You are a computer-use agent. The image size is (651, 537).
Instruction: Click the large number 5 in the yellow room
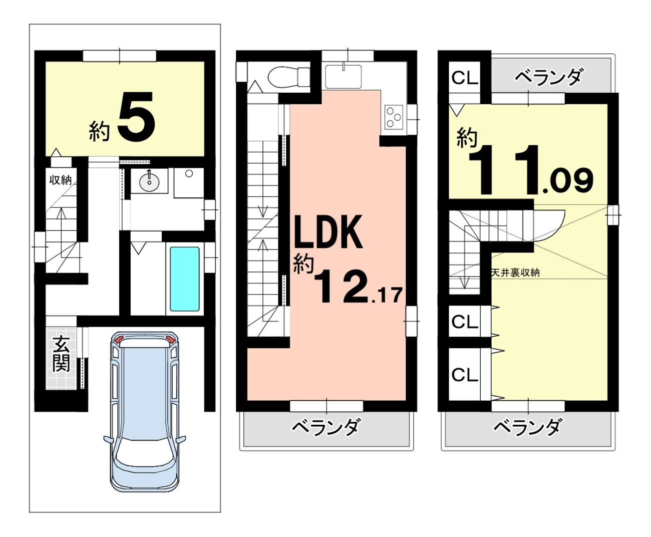(136, 116)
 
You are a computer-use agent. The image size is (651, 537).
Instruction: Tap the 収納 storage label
(60, 180)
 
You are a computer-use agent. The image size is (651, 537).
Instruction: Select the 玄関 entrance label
(61, 354)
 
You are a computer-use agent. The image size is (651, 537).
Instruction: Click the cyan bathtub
(185, 279)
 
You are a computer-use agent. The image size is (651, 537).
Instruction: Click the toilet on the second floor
(288, 77)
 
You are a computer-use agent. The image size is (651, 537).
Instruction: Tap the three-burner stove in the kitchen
(394, 117)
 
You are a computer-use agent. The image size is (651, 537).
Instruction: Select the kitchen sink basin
(343, 77)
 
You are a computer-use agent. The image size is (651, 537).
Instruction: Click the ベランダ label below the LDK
(327, 427)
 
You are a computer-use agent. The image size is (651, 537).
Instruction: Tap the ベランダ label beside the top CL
(548, 77)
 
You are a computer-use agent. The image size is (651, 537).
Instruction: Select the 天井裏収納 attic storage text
(515, 273)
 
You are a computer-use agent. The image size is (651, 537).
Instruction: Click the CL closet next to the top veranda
(465, 78)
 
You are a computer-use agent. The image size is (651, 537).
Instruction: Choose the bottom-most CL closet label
(465, 375)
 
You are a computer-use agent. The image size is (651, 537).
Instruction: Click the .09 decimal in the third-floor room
(568, 181)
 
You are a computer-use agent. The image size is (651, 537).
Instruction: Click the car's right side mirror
(181, 439)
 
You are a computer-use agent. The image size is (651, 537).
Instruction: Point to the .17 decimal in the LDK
(387, 296)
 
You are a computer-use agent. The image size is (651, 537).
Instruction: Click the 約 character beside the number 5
(100, 131)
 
